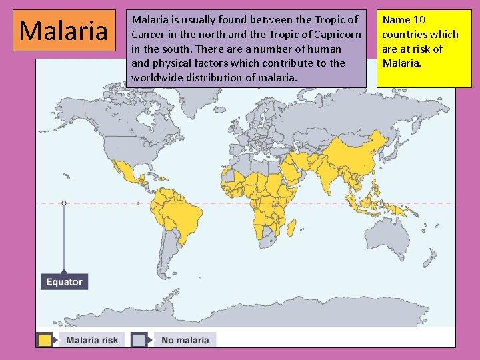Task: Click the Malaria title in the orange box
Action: tap(64, 31)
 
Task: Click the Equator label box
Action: tap(65, 281)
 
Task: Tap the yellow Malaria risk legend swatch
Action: tap(45, 340)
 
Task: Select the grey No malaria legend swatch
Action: tap(139, 340)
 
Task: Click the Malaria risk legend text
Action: tap(92, 340)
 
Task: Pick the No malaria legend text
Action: tap(185, 340)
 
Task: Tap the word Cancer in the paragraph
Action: tap(149, 35)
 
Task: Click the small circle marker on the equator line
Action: tap(64, 203)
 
